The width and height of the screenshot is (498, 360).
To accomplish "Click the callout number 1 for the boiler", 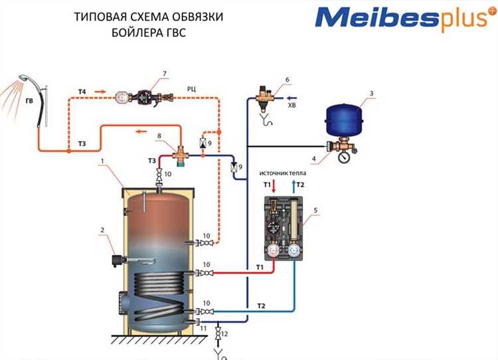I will point(101,160).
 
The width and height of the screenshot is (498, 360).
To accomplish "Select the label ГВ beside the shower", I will point(29,102).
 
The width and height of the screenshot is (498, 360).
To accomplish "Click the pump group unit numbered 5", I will point(284,228).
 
